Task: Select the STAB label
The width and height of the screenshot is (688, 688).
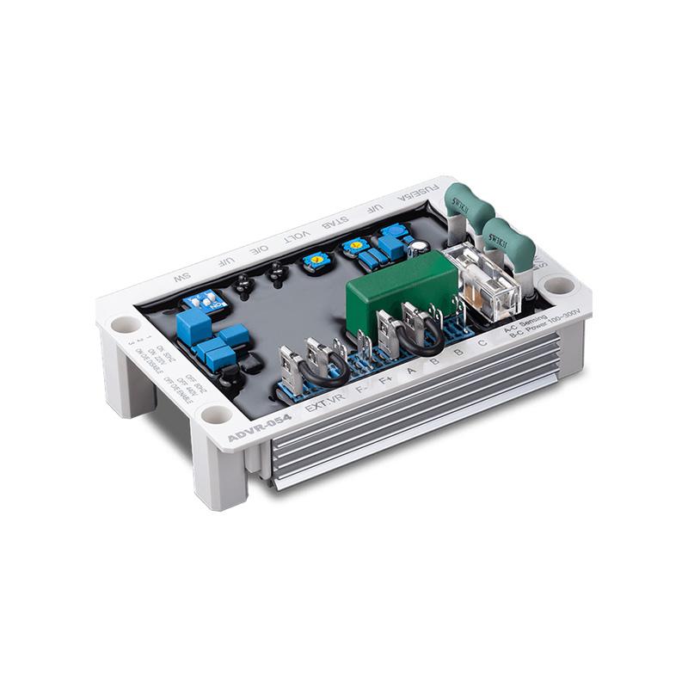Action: pyautogui.click(x=335, y=224)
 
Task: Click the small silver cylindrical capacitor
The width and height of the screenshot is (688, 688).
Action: pyautogui.click(x=418, y=248)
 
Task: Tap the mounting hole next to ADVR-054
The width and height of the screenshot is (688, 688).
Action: pyautogui.click(x=216, y=415)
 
